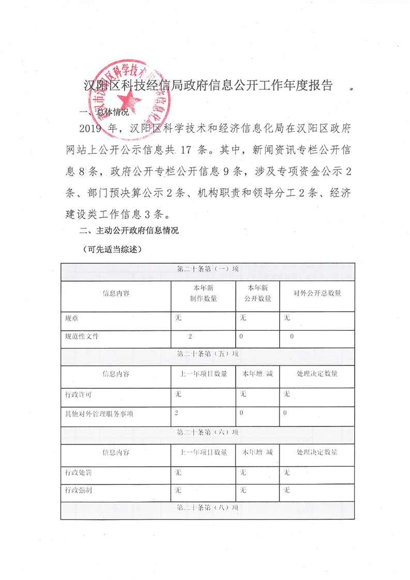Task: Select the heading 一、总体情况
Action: (x=103, y=113)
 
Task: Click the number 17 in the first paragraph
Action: (x=187, y=151)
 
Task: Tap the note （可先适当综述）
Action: (x=112, y=249)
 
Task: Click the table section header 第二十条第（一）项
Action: (x=208, y=269)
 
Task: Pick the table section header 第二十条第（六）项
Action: (x=208, y=432)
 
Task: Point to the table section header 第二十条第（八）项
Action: (x=208, y=508)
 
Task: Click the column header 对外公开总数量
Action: (x=317, y=293)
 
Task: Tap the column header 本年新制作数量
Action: (x=203, y=293)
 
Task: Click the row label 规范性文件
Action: (x=82, y=337)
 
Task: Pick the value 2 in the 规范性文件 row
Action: (x=190, y=337)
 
